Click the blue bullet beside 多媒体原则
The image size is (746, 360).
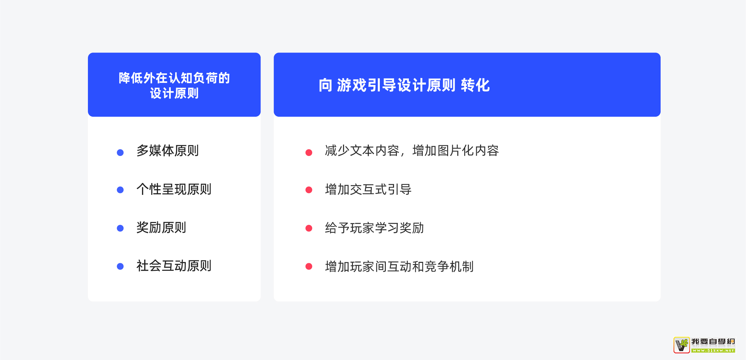(120, 152)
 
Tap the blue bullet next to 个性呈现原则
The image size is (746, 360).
(120, 190)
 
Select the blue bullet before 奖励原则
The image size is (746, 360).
(120, 228)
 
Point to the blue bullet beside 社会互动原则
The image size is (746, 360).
(120, 266)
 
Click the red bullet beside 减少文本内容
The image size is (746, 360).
(309, 152)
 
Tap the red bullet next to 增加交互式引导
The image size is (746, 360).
(309, 190)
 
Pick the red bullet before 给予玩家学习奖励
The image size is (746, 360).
(309, 228)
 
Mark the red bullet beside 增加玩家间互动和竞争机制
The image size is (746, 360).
(309, 266)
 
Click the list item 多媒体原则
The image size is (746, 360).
(168, 151)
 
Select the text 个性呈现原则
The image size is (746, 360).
(174, 189)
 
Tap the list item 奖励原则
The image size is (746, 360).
(161, 227)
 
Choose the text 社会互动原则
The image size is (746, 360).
(174, 266)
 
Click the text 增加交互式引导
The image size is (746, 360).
(368, 189)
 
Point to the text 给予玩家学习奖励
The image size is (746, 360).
(374, 228)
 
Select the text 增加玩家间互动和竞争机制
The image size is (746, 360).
(399, 266)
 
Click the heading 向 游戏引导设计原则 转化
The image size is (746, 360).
(404, 85)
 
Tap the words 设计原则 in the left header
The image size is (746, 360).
(174, 93)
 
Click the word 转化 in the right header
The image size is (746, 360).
(475, 85)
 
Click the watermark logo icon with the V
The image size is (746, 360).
(681, 345)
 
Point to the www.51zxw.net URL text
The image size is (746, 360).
(713, 351)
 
